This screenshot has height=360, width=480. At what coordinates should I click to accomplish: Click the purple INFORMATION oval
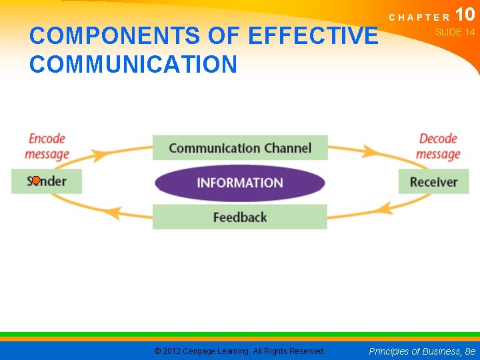tap(240, 183)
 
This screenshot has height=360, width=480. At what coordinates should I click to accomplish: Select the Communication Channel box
tap(240, 147)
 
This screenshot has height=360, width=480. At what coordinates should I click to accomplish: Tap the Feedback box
tap(240, 217)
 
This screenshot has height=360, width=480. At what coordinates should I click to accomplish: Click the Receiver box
tap(433, 182)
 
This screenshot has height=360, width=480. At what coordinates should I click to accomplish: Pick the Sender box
tap(47, 181)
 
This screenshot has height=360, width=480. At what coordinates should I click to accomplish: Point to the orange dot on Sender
tap(36, 180)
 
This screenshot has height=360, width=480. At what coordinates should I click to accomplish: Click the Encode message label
tap(47, 147)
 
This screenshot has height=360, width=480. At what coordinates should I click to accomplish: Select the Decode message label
tap(438, 147)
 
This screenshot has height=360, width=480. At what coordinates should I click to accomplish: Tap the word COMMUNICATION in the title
tap(133, 65)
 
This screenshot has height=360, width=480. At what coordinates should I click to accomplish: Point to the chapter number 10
tap(465, 15)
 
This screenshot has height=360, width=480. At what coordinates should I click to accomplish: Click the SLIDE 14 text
tap(455, 32)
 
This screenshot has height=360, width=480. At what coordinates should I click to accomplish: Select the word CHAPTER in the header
tap(419, 17)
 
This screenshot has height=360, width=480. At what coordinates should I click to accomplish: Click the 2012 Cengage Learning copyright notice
tap(239, 351)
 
